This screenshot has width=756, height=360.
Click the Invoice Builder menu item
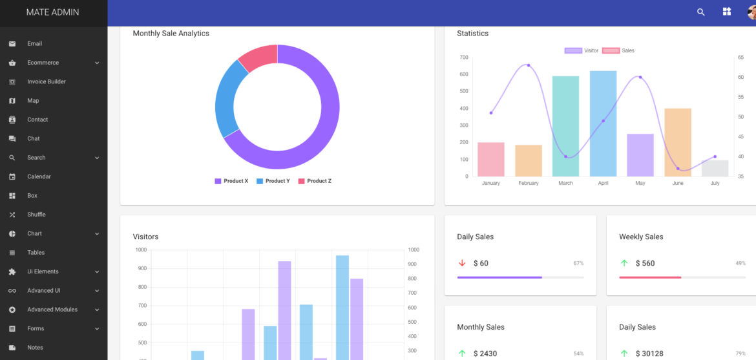(x=46, y=81)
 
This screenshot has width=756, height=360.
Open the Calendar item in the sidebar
(x=39, y=176)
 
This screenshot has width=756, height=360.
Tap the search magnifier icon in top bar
(x=700, y=12)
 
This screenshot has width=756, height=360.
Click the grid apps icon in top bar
(x=727, y=12)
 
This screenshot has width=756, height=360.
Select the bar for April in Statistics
(x=603, y=123)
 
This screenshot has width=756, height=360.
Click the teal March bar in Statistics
(x=565, y=126)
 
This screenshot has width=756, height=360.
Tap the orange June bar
(x=678, y=142)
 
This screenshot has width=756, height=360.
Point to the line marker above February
(x=529, y=65)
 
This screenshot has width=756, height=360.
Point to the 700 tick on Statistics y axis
(x=463, y=58)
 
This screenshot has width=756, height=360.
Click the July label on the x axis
(x=715, y=184)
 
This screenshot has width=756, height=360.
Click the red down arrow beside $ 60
(x=462, y=263)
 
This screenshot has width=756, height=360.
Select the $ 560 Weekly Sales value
(x=645, y=263)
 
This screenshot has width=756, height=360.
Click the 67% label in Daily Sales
(x=578, y=263)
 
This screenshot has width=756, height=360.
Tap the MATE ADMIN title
(x=53, y=12)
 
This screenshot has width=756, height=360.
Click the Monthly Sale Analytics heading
(x=171, y=33)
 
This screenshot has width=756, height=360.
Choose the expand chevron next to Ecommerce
(x=97, y=63)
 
